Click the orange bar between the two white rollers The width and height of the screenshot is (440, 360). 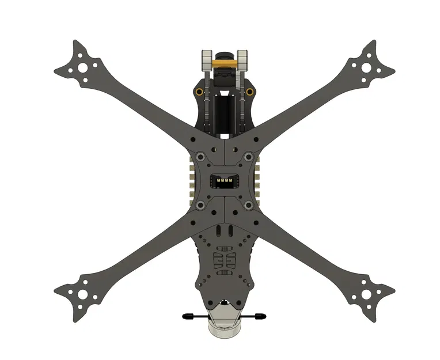click(225, 59)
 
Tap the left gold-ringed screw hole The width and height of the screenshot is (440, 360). click(199, 92)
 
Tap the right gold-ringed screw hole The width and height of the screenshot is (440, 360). click(249, 92)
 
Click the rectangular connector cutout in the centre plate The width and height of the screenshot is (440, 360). click(225, 181)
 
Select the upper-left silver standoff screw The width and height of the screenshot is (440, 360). click(199, 157)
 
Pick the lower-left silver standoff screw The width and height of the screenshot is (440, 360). click(199, 205)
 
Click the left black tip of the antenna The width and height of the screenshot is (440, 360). click(187, 316)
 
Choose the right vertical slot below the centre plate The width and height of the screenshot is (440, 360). click(230, 231)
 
